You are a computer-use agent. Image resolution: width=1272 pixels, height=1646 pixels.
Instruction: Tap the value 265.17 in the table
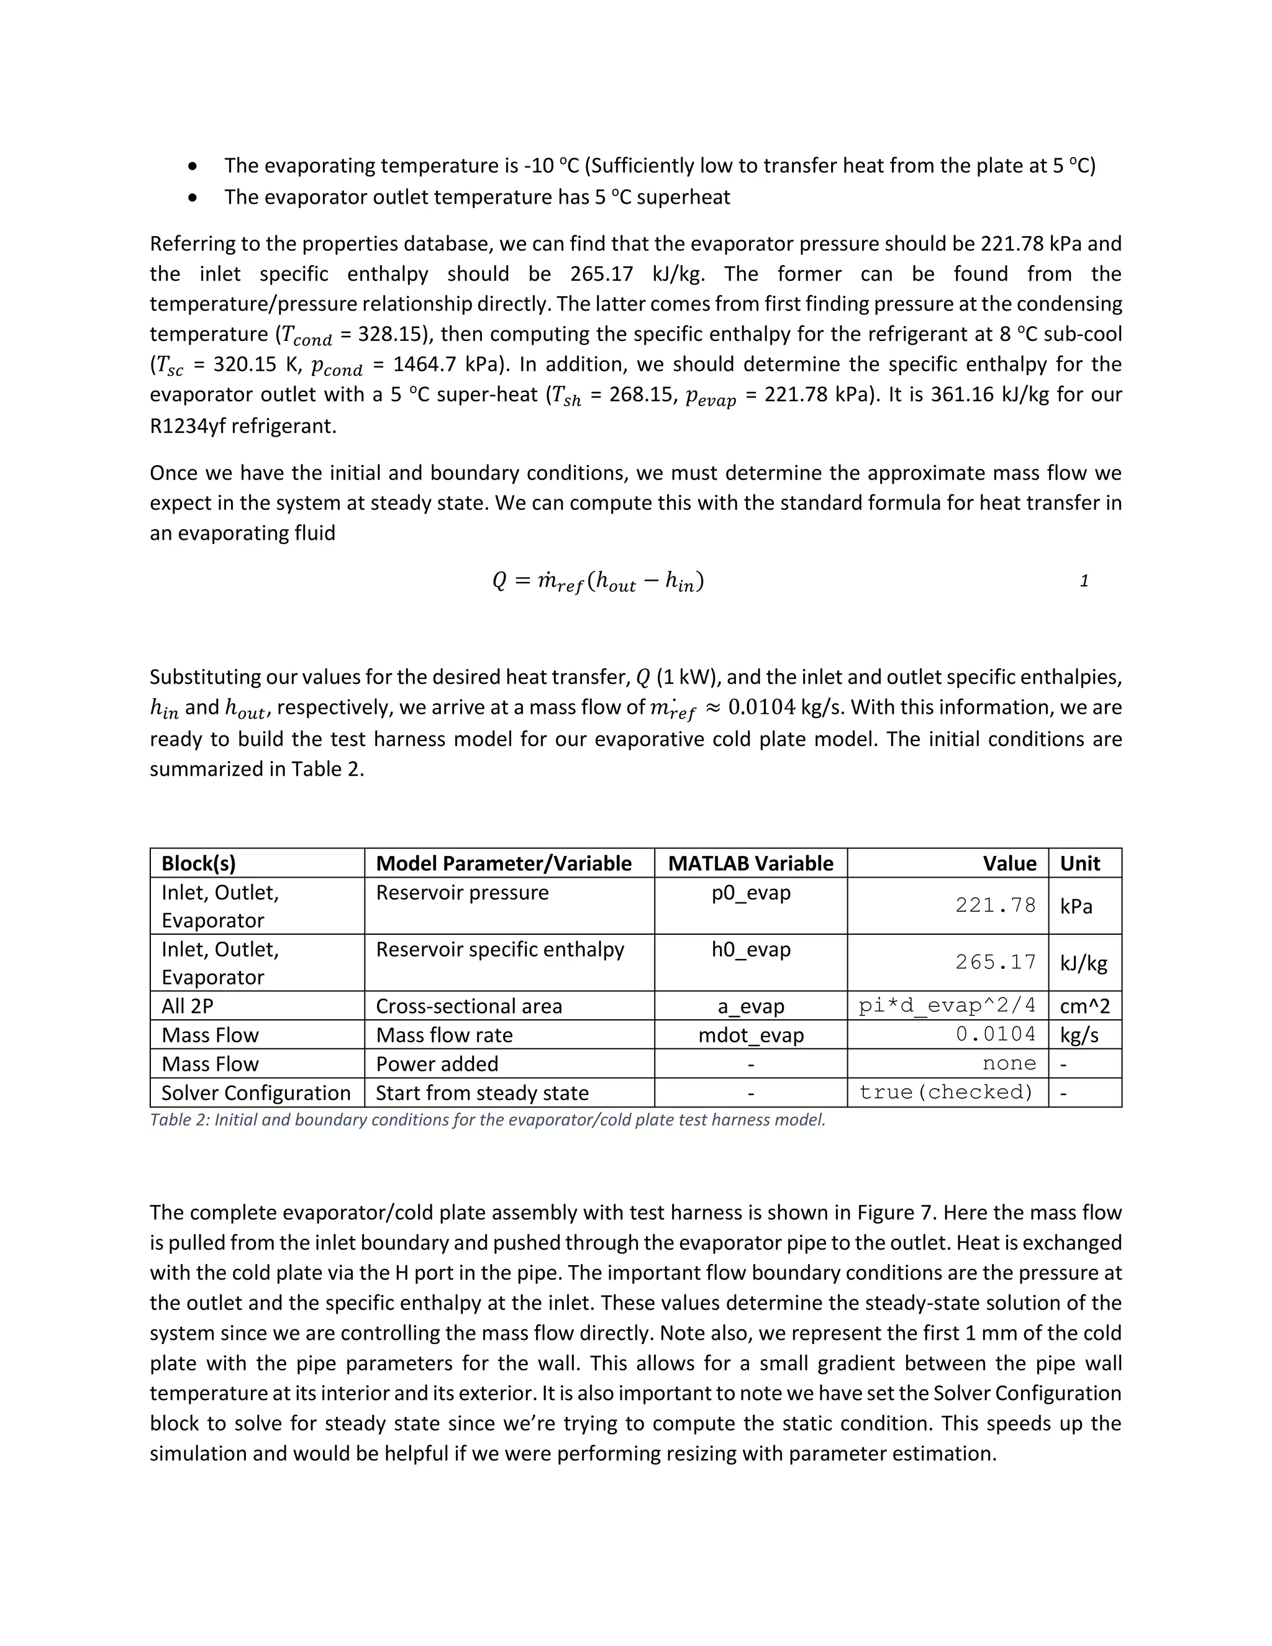[x=996, y=962]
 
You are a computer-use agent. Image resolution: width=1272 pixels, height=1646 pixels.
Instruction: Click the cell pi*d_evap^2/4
[x=947, y=1006]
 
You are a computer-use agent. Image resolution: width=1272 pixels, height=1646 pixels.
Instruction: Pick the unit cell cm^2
[x=1084, y=1006]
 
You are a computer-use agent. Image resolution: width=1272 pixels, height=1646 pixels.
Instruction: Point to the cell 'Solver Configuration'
[x=255, y=1093]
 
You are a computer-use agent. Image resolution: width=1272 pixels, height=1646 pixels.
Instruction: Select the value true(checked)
[x=946, y=1093]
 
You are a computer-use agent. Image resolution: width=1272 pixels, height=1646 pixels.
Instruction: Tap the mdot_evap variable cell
[x=750, y=1035]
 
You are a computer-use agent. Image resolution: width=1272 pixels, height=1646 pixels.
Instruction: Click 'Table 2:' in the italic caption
[x=179, y=1120]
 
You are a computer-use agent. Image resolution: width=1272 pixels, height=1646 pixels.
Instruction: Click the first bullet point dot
[x=194, y=166]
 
